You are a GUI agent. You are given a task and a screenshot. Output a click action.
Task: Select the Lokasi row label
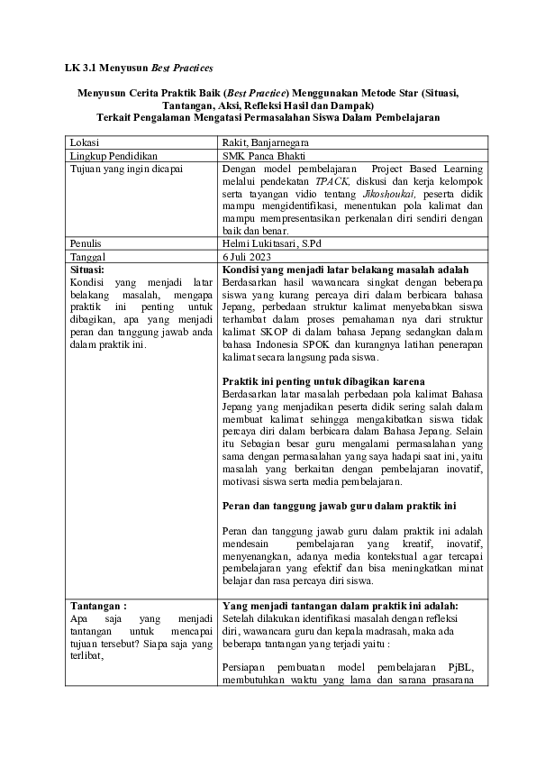pos(85,142)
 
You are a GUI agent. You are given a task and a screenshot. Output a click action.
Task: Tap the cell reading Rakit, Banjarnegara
pos(260,142)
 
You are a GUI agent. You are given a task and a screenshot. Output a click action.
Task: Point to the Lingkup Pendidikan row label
pos(108,155)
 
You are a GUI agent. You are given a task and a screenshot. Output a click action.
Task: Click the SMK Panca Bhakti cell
pos(265,155)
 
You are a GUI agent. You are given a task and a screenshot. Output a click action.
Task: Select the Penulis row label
pos(86,243)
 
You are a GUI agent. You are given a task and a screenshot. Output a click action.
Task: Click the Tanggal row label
pos(87,256)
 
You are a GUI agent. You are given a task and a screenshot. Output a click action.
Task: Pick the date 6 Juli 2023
pos(248,256)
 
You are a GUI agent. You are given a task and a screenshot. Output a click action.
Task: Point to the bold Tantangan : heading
pos(98,606)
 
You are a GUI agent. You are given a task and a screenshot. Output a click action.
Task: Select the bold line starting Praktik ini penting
pos(323,381)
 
